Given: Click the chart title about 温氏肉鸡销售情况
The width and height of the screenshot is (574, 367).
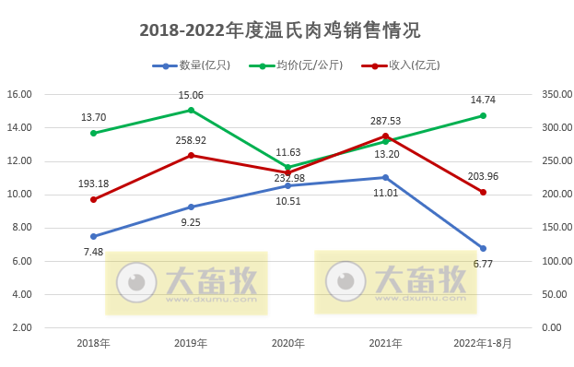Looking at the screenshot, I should pyautogui.click(x=279, y=30).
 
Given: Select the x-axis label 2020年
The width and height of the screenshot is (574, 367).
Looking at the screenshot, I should pyautogui.click(x=288, y=343).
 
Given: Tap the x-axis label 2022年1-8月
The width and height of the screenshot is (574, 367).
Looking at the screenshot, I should pyautogui.click(x=483, y=343).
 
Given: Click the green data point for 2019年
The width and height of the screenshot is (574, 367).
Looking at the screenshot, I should pyautogui.click(x=191, y=110).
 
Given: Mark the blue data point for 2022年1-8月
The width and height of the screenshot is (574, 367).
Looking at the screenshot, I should pyautogui.click(x=483, y=248).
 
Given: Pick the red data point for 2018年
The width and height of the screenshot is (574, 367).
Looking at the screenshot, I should pyautogui.click(x=93, y=199).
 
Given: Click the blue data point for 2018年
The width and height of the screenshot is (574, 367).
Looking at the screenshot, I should pyautogui.click(x=93, y=236).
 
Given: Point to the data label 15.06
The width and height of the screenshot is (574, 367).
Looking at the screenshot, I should pyautogui.click(x=191, y=95).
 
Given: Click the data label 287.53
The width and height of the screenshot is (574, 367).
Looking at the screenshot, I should pyautogui.click(x=385, y=121).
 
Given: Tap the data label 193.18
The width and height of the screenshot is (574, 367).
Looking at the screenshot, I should pyautogui.click(x=93, y=183).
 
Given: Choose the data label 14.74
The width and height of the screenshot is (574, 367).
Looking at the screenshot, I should pyautogui.click(x=483, y=100).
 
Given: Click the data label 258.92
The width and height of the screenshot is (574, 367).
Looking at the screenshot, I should pyautogui.click(x=191, y=140).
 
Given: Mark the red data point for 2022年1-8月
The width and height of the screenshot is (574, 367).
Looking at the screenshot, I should pyautogui.click(x=483, y=192).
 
